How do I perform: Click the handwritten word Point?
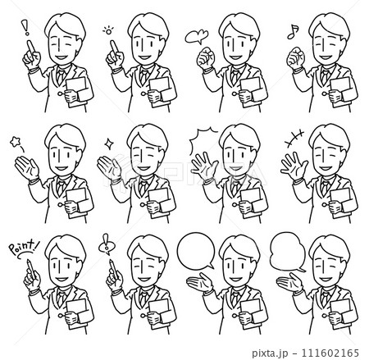coord(24,247)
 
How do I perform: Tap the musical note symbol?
coord(293,32)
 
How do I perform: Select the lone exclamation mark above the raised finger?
coord(26,27)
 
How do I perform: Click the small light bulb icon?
coord(108,30)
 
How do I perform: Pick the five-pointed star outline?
coord(15,142)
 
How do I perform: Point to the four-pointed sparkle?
coord(109,144)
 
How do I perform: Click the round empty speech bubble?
coord(196,250)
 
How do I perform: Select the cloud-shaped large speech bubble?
coord(287,252)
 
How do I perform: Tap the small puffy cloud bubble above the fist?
coord(196,37)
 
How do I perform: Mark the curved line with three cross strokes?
coord(294,137)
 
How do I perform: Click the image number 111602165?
coord(330,353)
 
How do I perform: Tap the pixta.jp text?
coord(270,353)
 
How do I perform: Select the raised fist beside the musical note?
coord(295,57)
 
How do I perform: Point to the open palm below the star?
coord(27,167)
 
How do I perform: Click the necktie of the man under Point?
coord(61,298)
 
